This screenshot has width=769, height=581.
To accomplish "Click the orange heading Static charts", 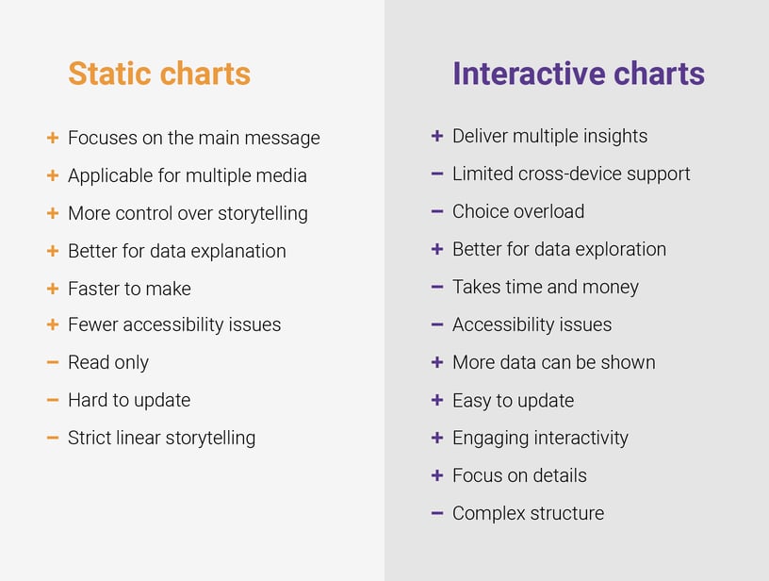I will click(159, 74).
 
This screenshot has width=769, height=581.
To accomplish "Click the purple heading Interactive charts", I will click(578, 74).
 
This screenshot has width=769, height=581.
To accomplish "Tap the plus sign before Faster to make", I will click(53, 289).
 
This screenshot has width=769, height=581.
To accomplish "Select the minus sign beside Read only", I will click(53, 362).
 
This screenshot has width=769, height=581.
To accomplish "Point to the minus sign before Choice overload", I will click(437, 211).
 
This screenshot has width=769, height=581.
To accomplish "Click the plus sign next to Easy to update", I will click(437, 400).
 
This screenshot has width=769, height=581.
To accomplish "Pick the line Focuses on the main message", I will click(193, 138).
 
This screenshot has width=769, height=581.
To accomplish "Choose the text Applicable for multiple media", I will click(187, 175).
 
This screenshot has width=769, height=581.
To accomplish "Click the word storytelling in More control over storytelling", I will click(262, 213).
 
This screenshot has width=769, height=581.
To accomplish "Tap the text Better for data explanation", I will click(176, 251).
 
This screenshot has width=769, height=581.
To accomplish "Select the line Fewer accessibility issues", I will click(174, 324).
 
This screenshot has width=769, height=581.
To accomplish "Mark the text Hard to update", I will click(129, 400).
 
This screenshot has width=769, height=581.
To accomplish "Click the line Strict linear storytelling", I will click(161, 438).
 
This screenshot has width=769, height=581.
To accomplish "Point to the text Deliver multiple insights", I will click(549, 136).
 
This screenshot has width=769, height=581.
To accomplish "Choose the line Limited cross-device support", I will click(571, 174).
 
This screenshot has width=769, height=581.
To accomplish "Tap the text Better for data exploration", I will click(559, 249).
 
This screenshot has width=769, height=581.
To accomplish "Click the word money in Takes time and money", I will click(612, 287).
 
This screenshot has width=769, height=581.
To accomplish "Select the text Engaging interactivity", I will click(540, 438).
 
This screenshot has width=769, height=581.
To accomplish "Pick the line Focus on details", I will click(519, 475).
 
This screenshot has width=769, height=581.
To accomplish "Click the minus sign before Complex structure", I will click(437, 513).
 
